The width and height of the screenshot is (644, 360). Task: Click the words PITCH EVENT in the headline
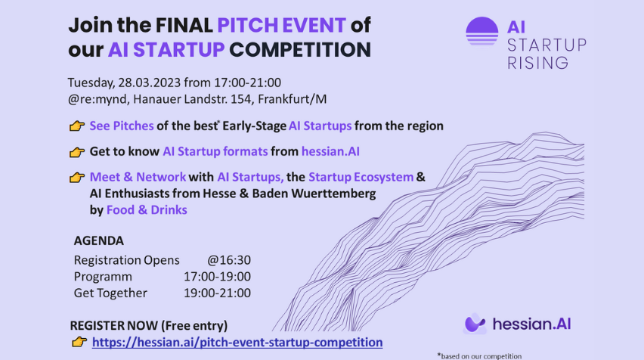pyautogui.click(x=281, y=25)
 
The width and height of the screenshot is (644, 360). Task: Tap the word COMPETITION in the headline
pyautogui.click(x=300, y=50)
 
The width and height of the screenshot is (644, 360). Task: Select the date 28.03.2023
pyautogui.click(x=150, y=82)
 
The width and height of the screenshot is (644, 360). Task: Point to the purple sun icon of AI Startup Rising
pyautogui.click(x=481, y=31)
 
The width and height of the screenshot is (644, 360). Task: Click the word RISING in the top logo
pyautogui.click(x=538, y=63)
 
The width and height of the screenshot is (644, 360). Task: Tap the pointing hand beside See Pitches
pyautogui.click(x=77, y=126)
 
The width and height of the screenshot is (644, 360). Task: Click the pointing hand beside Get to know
pyautogui.click(x=77, y=152)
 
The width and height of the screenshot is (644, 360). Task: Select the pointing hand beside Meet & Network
pyautogui.click(x=77, y=178)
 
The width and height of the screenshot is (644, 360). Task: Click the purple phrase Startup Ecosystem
pyautogui.click(x=361, y=177)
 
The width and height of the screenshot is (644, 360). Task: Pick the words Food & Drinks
pyautogui.click(x=147, y=210)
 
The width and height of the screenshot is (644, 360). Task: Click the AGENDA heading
pyautogui.click(x=98, y=241)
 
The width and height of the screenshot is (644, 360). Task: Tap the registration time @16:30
pyautogui.click(x=229, y=260)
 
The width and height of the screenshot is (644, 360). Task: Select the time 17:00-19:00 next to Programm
pyautogui.click(x=217, y=277)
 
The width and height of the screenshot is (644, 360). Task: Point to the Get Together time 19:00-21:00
pyautogui.click(x=217, y=293)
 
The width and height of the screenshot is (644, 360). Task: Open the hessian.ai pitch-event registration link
pyautogui.click(x=237, y=343)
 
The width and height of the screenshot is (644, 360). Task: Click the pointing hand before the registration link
pyautogui.click(x=79, y=342)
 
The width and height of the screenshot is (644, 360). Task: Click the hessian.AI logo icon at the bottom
pyautogui.click(x=475, y=324)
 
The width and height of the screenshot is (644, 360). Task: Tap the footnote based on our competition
pyautogui.click(x=479, y=356)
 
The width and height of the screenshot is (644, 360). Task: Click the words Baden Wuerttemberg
pyautogui.click(x=314, y=194)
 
